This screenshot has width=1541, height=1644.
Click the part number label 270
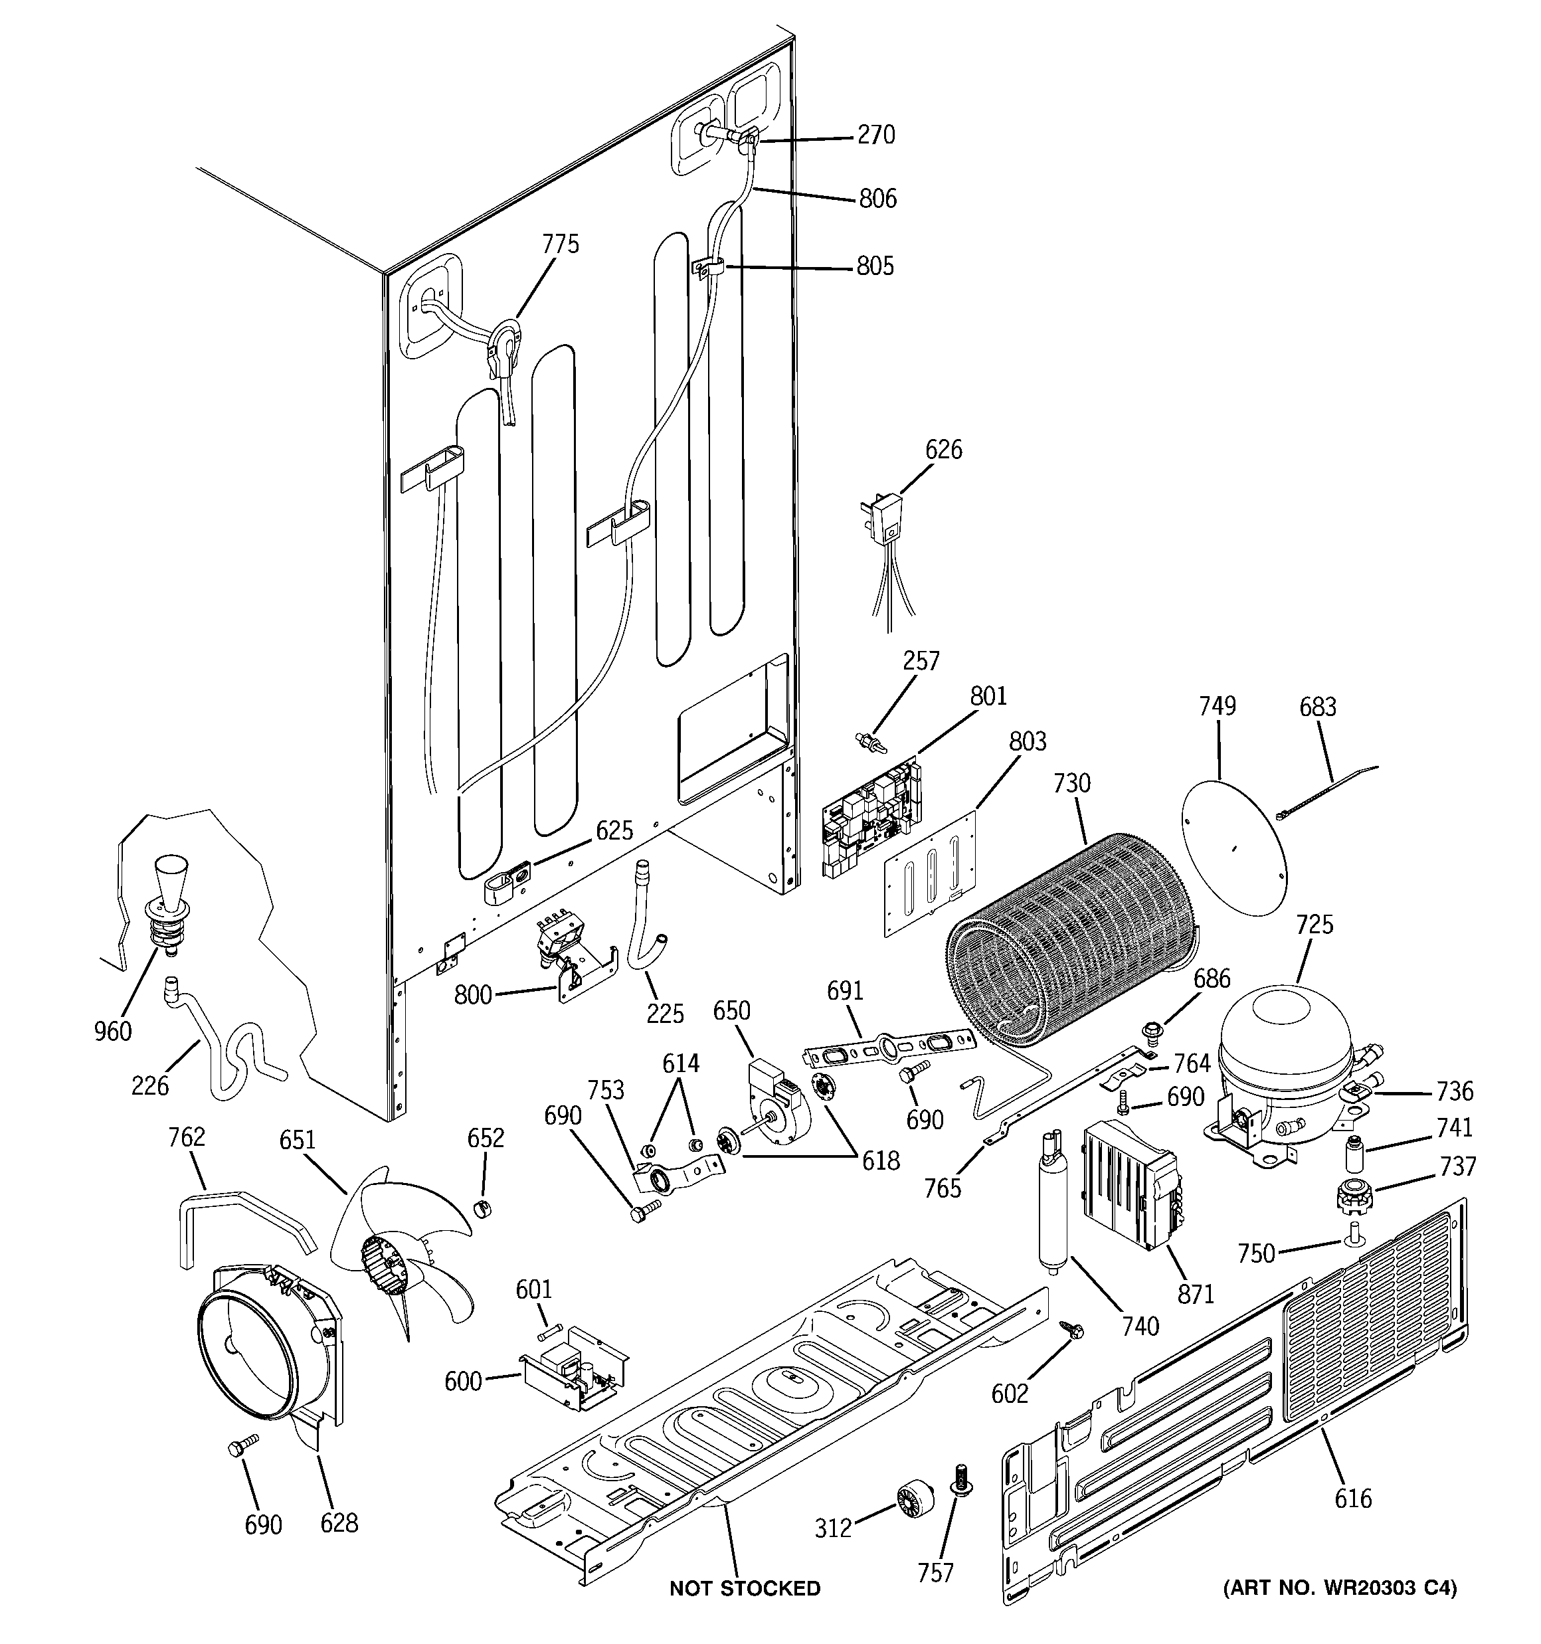[876, 135]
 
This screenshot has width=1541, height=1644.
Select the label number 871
[1195, 1294]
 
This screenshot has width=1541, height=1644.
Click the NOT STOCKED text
[745, 1588]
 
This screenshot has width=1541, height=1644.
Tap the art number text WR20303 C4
[1340, 1587]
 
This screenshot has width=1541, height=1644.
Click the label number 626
[943, 450]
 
